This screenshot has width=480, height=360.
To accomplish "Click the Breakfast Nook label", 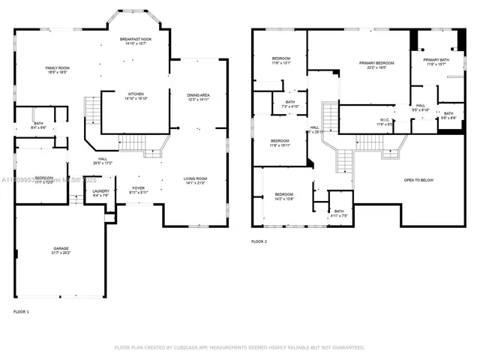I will click(136, 40).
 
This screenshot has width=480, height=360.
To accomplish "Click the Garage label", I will click(61, 250).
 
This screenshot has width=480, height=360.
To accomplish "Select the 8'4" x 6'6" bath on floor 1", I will click(38, 125).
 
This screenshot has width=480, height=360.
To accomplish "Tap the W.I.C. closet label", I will click(385, 121).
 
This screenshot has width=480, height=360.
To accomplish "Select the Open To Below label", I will click(418, 180).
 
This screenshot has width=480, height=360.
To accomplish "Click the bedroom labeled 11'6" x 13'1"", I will click(281, 61).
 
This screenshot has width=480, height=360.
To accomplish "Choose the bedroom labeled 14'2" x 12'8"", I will click(283, 196).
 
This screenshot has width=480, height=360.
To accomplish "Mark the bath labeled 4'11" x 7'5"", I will click(339, 214).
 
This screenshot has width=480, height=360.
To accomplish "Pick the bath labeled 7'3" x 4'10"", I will click(289, 104).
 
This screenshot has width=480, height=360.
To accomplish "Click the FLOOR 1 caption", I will click(22, 310).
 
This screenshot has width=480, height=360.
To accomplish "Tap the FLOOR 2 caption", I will click(259, 241).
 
